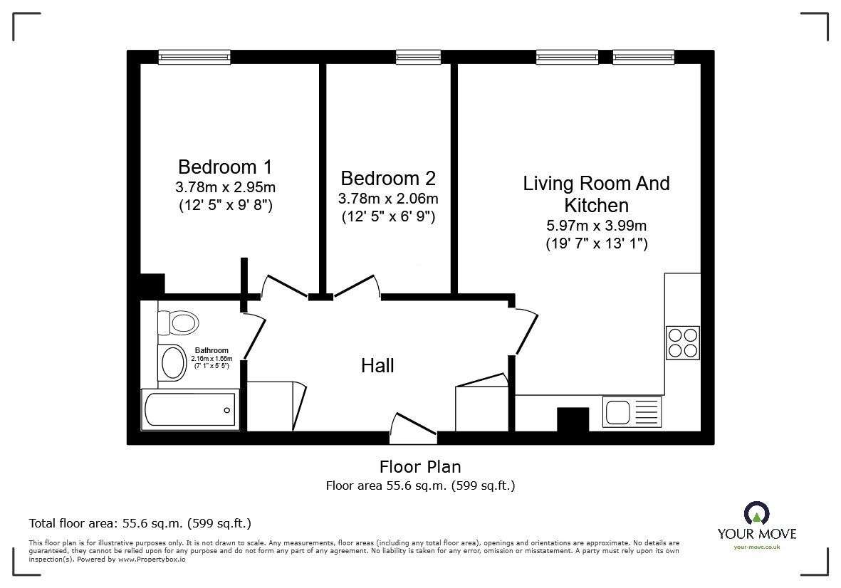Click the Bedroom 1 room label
pyautogui.click(x=224, y=167)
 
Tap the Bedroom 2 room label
pyautogui.click(x=387, y=178)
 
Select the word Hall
pyautogui.click(x=377, y=366)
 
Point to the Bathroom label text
pyautogui.click(x=211, y=350)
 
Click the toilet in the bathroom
pyautogui.click(x=178, y=322)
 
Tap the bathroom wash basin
pyautogui.click(x=174, y=362)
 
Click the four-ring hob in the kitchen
pyautogui.click(x=682, y=342)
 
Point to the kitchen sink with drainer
pyautogui.click(x=632, y=411)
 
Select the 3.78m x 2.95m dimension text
pyautogui.click(x=224, y=188)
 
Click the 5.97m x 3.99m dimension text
pyautogui.click(x=596, y=226)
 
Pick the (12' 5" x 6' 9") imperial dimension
pyautogui.click(x=387, y=216)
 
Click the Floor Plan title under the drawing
pyautogui.click(x=419, y=467)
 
